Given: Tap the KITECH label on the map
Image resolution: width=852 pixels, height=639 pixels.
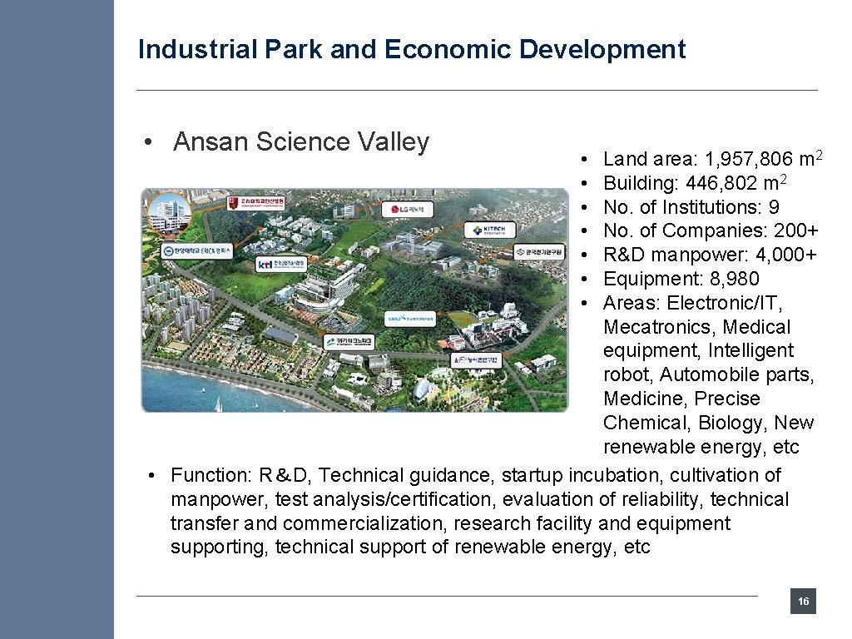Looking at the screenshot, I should (x=488, y=230).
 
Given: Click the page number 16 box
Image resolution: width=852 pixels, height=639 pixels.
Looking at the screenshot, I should (x=803, y=602).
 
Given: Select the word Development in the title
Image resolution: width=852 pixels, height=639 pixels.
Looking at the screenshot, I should (x=602, y=50).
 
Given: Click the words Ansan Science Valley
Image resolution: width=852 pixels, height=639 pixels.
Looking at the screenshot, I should (x=301, y=142).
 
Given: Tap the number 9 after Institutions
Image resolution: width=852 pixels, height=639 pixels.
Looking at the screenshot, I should (x=774, y=207).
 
